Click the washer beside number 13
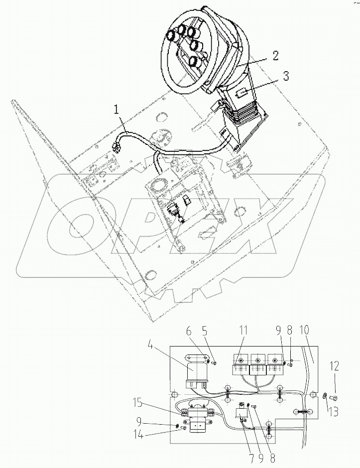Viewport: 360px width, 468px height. [324, 396]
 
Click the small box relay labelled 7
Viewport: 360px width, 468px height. [242, 412]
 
